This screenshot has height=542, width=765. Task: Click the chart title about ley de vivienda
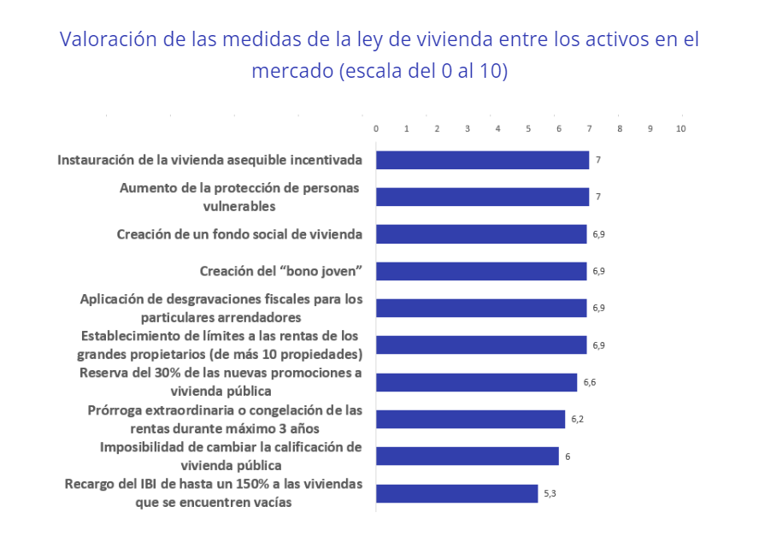(x=380, y=55)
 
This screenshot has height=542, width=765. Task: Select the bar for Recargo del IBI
(x=456, y=493)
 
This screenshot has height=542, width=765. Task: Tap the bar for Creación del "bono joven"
(x=481, y=271)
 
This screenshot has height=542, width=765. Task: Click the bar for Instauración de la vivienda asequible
(x=482, y=160)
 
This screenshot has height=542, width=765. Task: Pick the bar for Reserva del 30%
(x=476, y=382)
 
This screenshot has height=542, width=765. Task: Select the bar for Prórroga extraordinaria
(x=470, y=419)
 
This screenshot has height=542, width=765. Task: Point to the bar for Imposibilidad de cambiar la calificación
(x=467, y=456)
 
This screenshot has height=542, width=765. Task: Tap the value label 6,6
(x=589, y=382)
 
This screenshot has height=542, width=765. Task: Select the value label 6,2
(x=577, y=419)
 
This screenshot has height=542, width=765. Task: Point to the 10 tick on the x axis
(x=680, y=128)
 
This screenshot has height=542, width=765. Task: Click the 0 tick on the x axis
(x=376, y=128)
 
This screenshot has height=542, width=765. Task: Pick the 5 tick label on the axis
(x=528, y=128)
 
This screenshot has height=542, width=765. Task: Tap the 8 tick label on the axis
(x=620, y=128)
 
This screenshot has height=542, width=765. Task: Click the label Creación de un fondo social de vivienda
(x=239, y=233)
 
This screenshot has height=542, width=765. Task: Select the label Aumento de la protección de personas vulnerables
(x=239, y=197)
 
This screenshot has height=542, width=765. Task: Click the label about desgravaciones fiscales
(x=221, y=308)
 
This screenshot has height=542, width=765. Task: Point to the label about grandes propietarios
(x=220, y=345)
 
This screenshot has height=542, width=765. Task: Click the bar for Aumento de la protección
(x=482, y=197)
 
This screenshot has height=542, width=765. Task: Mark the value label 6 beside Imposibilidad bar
(x=567, y=457)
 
